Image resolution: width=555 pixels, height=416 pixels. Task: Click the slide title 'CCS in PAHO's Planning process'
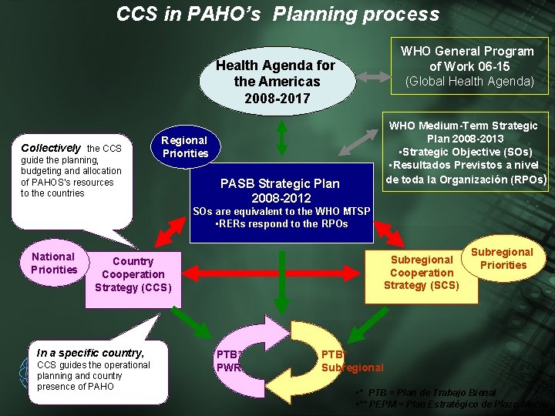pyautogui.click(x=277, y=14)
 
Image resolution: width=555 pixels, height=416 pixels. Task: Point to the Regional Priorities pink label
pyautogui.click(x=184, y=146)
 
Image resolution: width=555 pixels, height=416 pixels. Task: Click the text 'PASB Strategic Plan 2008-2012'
pyautogui.click(x=280, y=191)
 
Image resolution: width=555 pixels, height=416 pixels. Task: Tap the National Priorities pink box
pyautogui.click(x=54, y=263)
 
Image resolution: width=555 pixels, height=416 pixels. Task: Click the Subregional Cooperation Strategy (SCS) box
pyautogui.click(x=421, y=273)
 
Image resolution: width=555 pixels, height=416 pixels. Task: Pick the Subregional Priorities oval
pyautogui.click(x=502, y=259)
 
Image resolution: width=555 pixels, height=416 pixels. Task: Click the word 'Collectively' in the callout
pyautogui.click(x=51, y=147)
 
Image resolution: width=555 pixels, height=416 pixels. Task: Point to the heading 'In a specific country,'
pyautogui.click(x=90, y=352)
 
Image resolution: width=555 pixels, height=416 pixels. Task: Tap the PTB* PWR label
pyautogui.click(x=229, y=361)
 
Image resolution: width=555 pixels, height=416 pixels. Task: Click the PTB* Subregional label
pyautogui.click(x=351, y=361)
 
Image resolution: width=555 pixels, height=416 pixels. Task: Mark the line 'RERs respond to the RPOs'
pyautogui.click(x=281, y=224)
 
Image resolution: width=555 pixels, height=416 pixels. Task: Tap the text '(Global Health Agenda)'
pyautogui.click(x=470, y=81)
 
